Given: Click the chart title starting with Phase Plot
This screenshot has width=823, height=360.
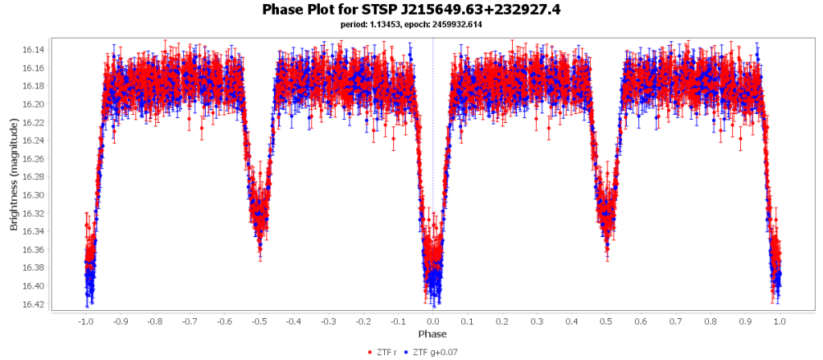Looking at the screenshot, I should (411, 10).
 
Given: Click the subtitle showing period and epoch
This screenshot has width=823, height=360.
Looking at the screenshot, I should (411, 24).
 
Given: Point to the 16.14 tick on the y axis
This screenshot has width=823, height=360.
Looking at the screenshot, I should (35, 50).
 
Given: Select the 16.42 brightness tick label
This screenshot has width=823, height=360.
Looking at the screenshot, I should (35, 304).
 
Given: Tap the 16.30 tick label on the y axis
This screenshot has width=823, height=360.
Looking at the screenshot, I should (35, 195).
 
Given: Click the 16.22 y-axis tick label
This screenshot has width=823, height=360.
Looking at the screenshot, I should (35, 122).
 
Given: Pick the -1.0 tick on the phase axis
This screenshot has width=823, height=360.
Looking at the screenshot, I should (85, 321).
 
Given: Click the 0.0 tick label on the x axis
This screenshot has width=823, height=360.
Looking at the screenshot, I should (432, 321).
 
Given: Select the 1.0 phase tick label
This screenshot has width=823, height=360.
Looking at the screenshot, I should (780, 321).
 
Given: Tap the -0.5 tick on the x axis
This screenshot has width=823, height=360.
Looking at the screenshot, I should (259, 321).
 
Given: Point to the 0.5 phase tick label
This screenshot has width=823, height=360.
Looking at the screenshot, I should (606, 321).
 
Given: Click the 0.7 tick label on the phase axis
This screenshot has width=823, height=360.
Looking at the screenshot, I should (675, 321).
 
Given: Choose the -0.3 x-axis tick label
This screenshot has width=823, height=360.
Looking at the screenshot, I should (328, 321).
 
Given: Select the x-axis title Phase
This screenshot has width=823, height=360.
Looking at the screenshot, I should (432, 333).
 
